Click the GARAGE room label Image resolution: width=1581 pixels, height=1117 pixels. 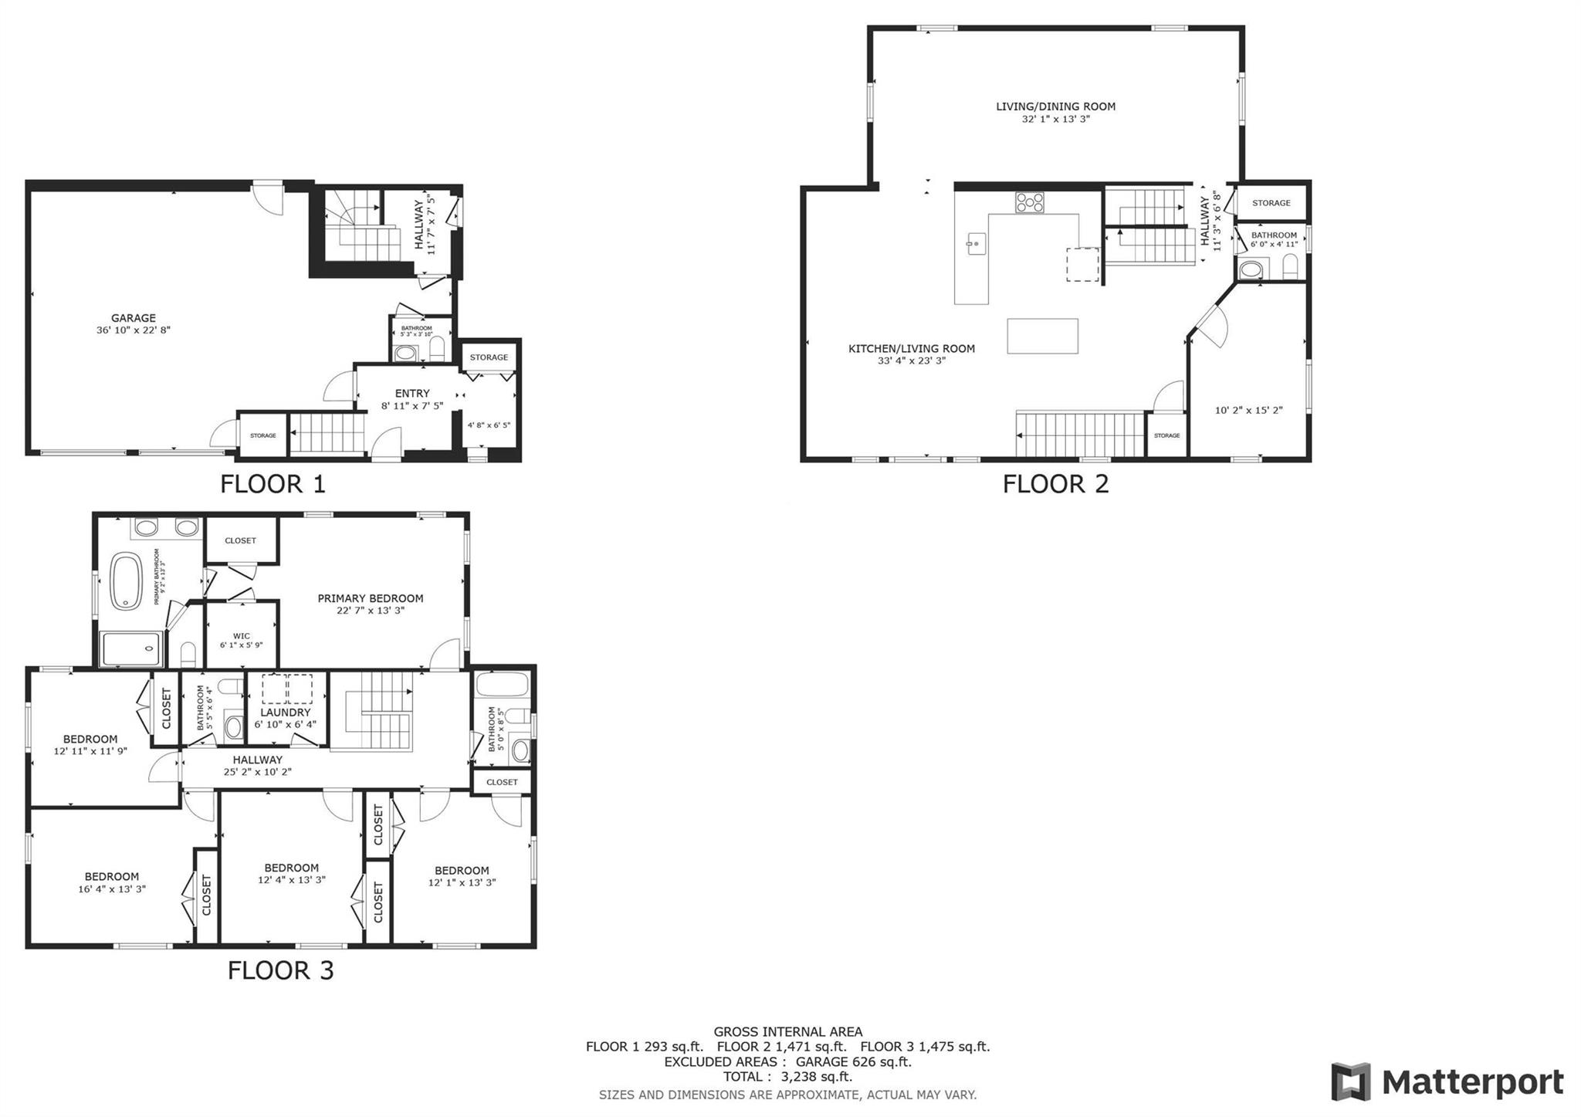click(x=133, y=318)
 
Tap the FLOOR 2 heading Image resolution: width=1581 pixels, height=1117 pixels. click(x=1055, y=484)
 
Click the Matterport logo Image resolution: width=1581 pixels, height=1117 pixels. click(x=1447, y=1081)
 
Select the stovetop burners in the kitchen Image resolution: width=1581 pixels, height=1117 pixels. click(x=1029, y=202)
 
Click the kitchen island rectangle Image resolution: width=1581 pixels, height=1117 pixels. click(x=1042, y=336)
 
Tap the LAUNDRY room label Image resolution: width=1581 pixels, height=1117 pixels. click(x=285, y=713)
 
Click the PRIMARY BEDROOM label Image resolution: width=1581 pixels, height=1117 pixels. click(x=370, y=598)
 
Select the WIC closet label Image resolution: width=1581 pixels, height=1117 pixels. click(x=241, y=637)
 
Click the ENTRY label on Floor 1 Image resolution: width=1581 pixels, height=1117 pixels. click(x=411, y=394)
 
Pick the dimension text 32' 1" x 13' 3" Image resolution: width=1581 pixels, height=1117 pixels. click(x=1055, y=119)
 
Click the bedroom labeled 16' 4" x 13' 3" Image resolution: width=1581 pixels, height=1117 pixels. click(x=112, y=882)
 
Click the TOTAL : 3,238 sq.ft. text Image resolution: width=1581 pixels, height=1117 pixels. click(x=787, y=1077)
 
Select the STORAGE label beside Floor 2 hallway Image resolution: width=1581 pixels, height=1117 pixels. click(x=1271, y=203)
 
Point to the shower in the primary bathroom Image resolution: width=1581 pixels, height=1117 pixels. click(x=131, y=649)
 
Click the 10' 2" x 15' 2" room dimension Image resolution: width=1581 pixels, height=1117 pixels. click(x=1248, y=411)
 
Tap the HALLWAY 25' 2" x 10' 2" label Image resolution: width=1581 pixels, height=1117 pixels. click(x=257, y=766)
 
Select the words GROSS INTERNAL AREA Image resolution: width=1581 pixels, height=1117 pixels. click(x=787, y=1031)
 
